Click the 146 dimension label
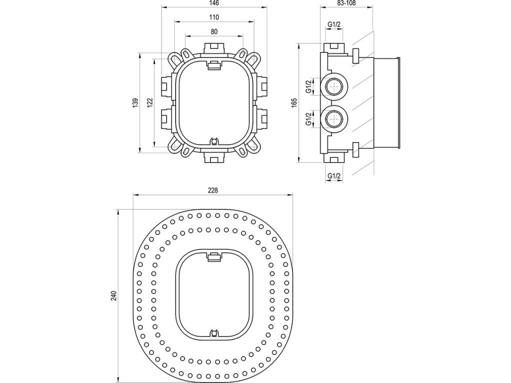pyautogui.click(x=214, y=3)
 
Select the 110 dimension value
pyautogui.click(x=214, y=17)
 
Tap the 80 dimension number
pyautogui.click(x=214, y=31)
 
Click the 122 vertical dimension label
pyautogui.click(x=150, y=102)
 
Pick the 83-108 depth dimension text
pyautogui.click(x=346, y=3)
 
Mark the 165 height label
pyautogui.click(x=295, y=102)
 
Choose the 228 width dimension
pyautogui.click(x=213, y=191)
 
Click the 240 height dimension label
pyautogui.click(x=113, y=295)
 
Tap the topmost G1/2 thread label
pyautogui.click(x=334, y=24)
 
